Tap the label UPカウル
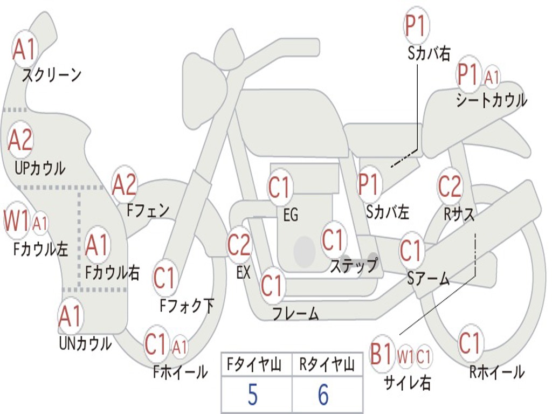(40, 168)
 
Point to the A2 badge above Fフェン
(125, 185)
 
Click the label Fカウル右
(113, 273)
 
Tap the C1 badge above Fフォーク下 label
(164, 278)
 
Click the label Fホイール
(181, 372)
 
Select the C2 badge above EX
(239, 245)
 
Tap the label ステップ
(354, 266)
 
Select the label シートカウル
(491, 101)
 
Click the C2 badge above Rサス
(450, 187)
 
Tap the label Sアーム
(429, 279)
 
